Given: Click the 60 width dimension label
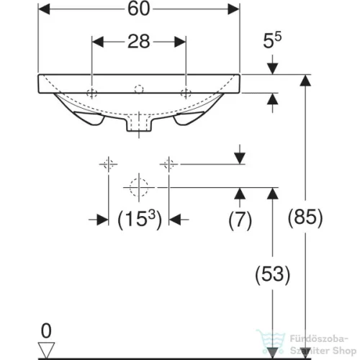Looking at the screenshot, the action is (x=139, y=9).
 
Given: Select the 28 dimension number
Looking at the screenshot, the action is (x=139, y=42).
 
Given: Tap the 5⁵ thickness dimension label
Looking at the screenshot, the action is (x=272, y=40).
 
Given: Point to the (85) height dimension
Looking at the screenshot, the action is (x=305, y=217).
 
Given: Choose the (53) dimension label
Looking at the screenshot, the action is (x=273, y=274).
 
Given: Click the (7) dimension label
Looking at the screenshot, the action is (x=240, y=220).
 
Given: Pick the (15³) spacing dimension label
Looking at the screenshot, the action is (x=140, y=219).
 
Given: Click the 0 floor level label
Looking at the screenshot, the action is (x=46, y=330).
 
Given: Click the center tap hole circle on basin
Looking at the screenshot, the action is (x=139, y=89).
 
